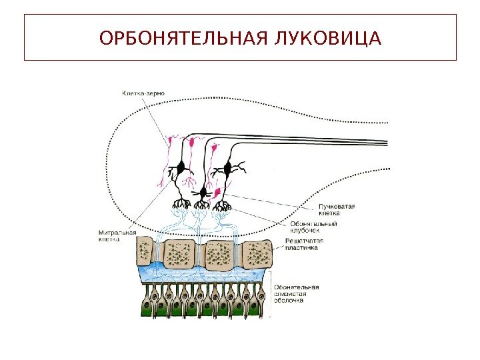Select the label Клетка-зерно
(x=143, y=93)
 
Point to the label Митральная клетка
(x=117, y=236)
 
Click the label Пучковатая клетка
(x=336, y=210)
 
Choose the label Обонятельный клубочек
(x=313, y=227)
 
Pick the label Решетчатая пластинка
(x=304, y=243)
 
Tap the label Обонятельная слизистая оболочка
(x=297, y=293)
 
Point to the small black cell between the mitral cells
(x=202, y=193)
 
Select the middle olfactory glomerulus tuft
(x=201, y=206)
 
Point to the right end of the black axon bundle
(x=385, y=142)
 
